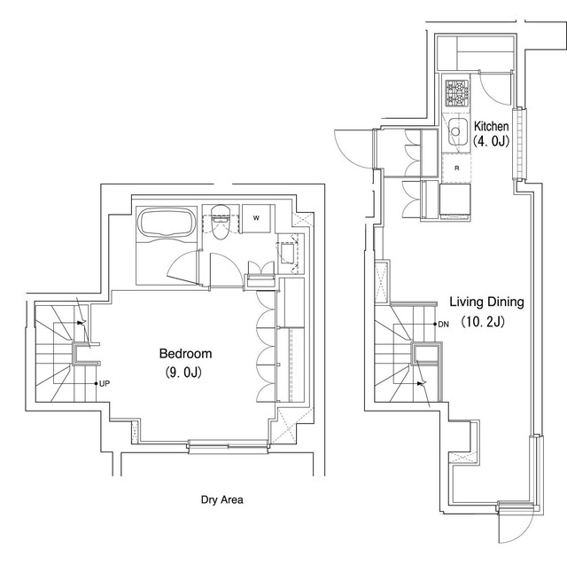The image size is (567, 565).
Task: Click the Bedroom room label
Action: coord(185,353)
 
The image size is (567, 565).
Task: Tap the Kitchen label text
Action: coord(491,126)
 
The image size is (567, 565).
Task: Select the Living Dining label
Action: coord(486,302)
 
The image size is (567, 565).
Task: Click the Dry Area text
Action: coord(222,500)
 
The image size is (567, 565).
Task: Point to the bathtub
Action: coord(167,222)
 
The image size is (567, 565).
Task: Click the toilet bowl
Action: coord(220,224)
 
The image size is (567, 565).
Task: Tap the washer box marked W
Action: coord(256,218)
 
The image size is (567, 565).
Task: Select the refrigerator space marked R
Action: coord(457,168)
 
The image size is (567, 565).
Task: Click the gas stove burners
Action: coord(456,93)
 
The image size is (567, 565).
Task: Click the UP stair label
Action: coord(105,384)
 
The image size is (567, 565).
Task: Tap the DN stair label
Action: coord(443,325)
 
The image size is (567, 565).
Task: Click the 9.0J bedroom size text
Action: coord(183,372)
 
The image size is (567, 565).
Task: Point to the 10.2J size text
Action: coord(483,321)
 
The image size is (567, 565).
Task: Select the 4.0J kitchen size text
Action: coord(491,141)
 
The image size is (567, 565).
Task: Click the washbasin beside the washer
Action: coord(288,252)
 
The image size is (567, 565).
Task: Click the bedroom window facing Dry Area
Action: coord(229,445)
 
